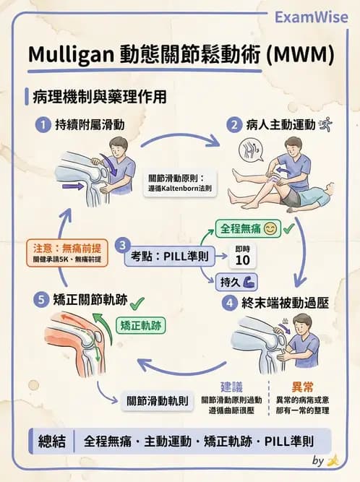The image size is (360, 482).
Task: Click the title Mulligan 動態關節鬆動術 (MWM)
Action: (x=179, y=55)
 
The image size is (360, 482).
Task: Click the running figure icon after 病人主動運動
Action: (x=326, y=124)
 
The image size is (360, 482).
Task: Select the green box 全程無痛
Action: (x=245, y=231)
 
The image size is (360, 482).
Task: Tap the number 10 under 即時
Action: (x=244, y=259)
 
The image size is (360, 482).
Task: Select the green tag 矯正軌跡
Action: (x=142, y=325)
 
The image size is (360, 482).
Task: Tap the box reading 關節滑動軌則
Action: (x=158, y=400)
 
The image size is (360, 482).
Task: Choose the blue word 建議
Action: (x=231, y=386)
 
